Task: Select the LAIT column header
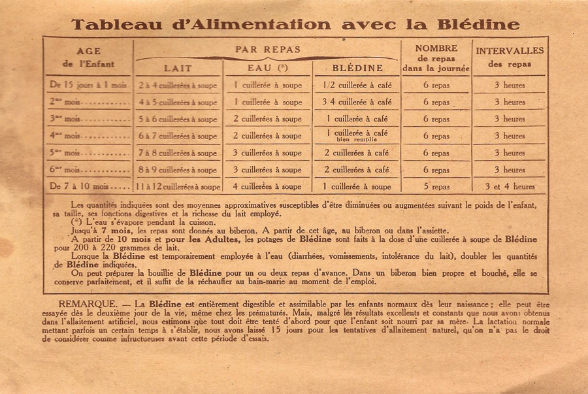[x=178, y=68]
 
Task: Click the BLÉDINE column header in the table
[x=357, y=68]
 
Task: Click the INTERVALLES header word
[x=510, y=51]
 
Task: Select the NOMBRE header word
[x=436, y=48]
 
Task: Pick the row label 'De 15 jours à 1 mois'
[x=88, y=85]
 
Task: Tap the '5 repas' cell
[x=436, y=187]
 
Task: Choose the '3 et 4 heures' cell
[x=510, y=187]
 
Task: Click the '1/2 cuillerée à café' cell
[x=357, y=85]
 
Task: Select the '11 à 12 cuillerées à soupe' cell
[x=178, y=187]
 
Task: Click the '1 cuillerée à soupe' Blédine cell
[x=357, y=187]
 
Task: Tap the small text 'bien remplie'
[x=357, y=140]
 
